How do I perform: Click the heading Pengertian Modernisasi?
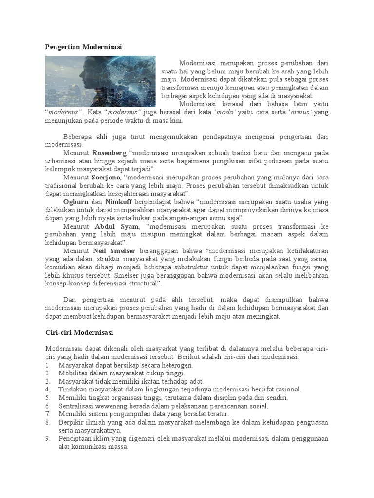[x=83, y=47]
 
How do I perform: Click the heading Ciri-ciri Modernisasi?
[x=79, y=332]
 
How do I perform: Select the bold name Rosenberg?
[x=110, y=153]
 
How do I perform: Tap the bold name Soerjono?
[x=107, y=178]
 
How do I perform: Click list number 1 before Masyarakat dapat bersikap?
[x=47, y=365]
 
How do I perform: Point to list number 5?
[x=47, y=398]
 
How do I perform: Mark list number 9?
[x=47, y=439]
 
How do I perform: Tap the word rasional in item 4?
[x=288, y=390]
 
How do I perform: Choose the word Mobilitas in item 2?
[x=73, y=373]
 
